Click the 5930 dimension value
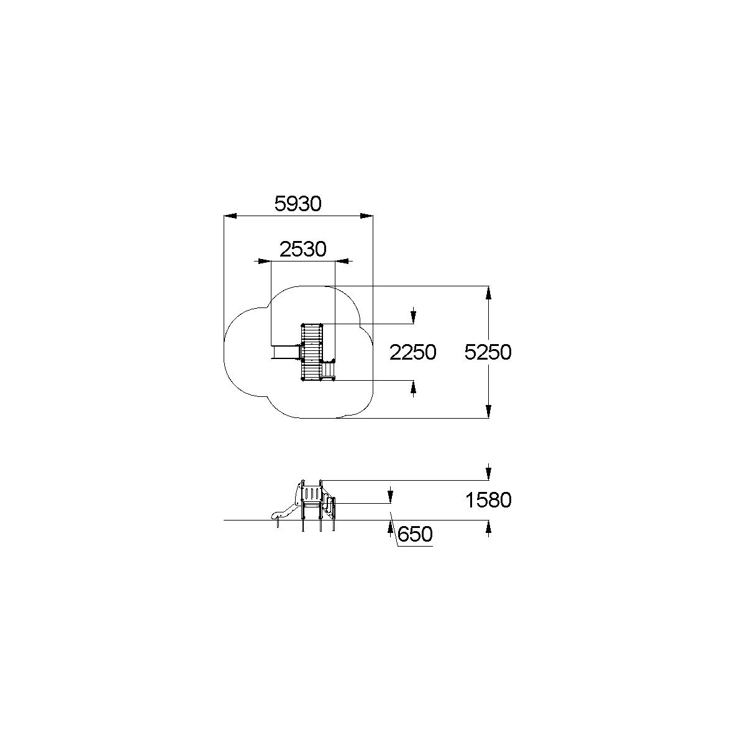pos(298,204)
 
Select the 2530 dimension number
pos(302,249)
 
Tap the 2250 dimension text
pos(412,352)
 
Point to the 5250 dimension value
pos(488,352)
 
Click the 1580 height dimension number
pos(488,500)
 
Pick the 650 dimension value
pos(415,534)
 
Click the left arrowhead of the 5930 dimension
pos(230,216)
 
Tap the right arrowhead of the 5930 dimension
pos(366,216)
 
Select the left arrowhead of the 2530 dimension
pos(265,262)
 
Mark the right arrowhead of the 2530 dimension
pos(342,262)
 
